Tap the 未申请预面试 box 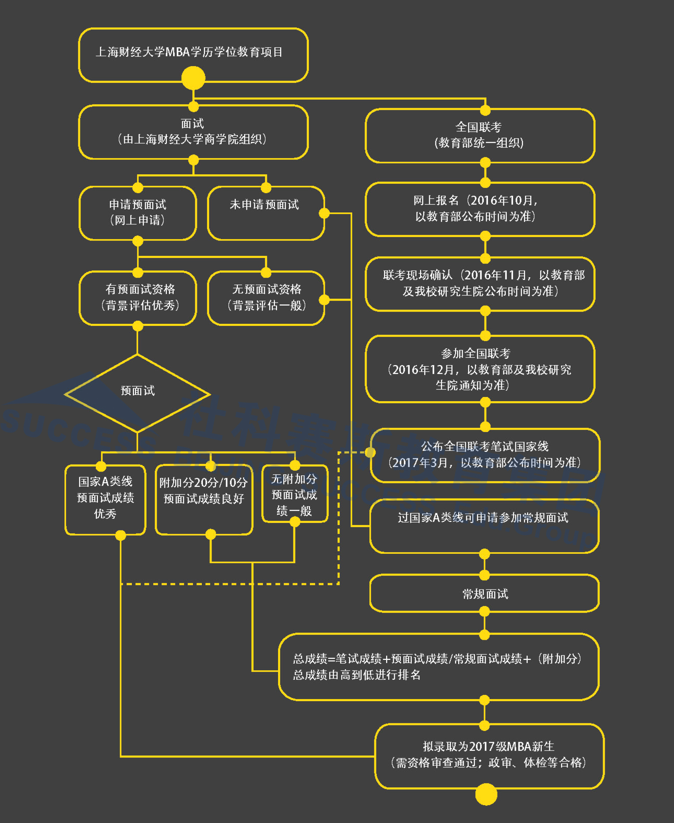[265, 213]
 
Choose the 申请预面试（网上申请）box [137, 212]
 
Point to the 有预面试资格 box [137, 298]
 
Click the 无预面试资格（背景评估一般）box [265, 298]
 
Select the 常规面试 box [484, 593]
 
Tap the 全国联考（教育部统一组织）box [480, 135]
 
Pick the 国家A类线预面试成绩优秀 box [105, 498]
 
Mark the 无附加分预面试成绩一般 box [295, 494]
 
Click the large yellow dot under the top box [193, 78]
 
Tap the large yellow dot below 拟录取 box [486, 794]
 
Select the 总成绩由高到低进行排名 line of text [357, 675]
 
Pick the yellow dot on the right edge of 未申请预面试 [324, 213]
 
